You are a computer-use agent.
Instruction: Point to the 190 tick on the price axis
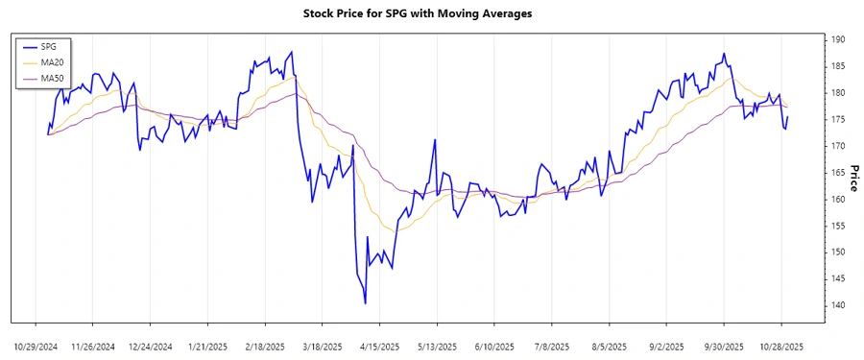[x=837, y=39]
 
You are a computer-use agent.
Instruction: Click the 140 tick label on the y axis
[x=837, y=305]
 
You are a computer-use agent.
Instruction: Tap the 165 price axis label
[x=837, y=173]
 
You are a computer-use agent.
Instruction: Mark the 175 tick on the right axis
[x=837, y=119]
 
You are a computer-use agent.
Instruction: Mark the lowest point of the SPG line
[x=366, y=303]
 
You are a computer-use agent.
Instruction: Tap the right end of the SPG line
[x=787, y=117]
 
